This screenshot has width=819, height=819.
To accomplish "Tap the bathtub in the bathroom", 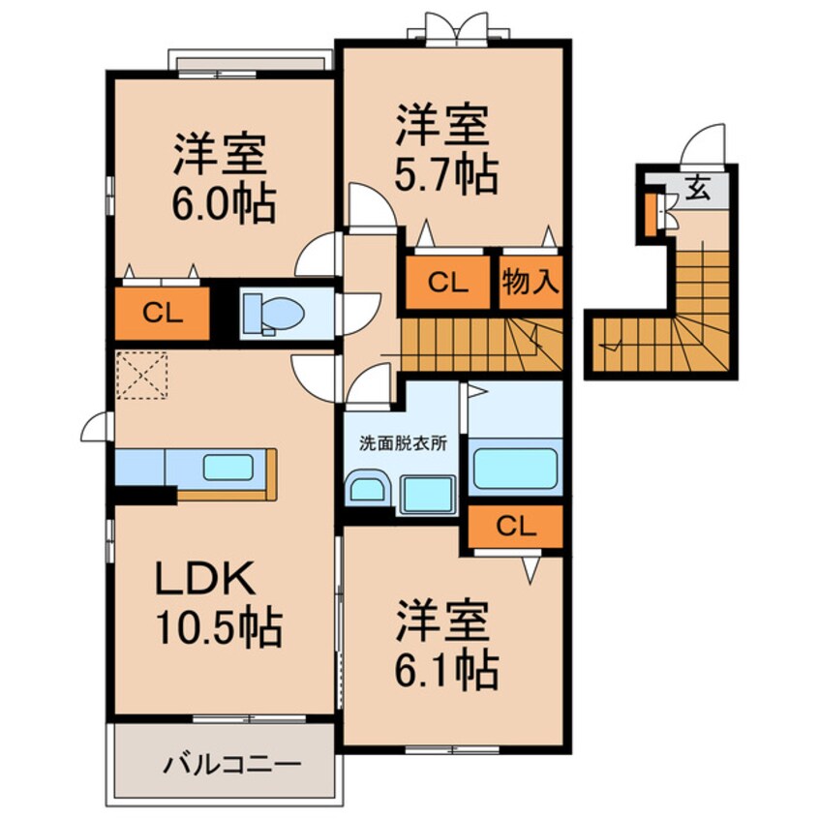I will (515, 469).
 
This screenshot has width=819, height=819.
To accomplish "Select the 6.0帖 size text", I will (225, 204).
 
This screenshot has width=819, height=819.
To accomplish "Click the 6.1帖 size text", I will (446, 668).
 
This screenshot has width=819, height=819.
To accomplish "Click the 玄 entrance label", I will (697, 188).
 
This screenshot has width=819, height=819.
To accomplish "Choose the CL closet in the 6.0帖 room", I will (162, 312).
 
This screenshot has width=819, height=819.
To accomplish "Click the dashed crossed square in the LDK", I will (141, 376).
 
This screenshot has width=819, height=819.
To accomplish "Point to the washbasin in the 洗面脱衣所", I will (368, 490).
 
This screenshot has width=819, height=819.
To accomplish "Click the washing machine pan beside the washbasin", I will (427, 495).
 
